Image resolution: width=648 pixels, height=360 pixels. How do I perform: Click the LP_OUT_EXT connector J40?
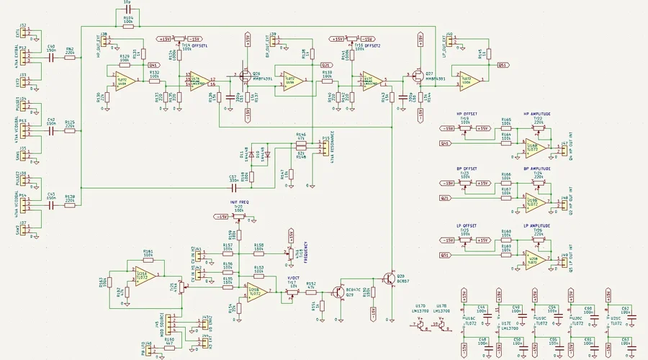click(449, 41)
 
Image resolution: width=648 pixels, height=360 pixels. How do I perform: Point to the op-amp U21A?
click(143, 278)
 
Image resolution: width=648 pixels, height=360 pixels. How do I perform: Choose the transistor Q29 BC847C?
click(337, 292)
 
